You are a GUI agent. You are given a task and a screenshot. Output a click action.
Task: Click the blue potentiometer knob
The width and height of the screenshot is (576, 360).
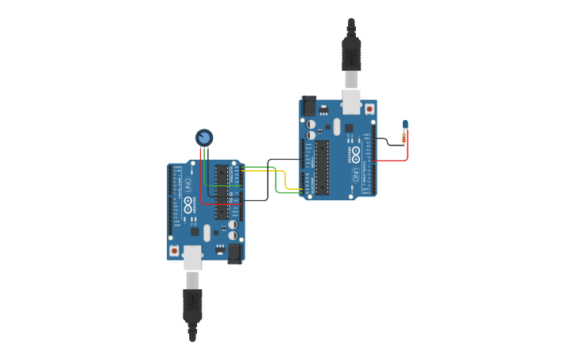pyautogui.click(x=204, y=138)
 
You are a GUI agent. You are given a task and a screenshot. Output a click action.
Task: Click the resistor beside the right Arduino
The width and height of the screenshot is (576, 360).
pyautogui.click(x=405, y=137)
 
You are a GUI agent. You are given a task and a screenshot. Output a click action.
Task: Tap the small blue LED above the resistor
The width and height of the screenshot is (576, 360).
pyautogui.click(x=405, y=124)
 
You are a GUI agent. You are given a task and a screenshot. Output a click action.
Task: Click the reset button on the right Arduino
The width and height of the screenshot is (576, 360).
pyautogui.click(x=369, y=108)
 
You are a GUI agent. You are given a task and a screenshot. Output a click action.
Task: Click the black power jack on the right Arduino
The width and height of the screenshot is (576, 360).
pyautogui.click(x=308, y=105)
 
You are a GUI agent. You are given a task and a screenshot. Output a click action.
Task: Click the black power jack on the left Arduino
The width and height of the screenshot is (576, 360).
pyautogui.click(x=235, y=254)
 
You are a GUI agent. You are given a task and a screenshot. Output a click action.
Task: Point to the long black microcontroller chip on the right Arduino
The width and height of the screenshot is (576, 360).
pyautogui.click(x=322, y=167)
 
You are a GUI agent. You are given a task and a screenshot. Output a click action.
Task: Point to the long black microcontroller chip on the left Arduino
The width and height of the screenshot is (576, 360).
pyautogui.click(x=221, y=192)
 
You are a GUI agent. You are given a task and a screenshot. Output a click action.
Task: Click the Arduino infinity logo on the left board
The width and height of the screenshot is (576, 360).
pyautogui.click(x=188, y=204)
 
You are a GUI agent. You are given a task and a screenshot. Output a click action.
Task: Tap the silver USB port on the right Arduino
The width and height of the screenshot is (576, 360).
pyautogui.click(x=351, y=102)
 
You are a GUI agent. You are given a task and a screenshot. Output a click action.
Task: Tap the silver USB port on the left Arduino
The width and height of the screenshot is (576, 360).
pyautogui.click(x=192, y=257)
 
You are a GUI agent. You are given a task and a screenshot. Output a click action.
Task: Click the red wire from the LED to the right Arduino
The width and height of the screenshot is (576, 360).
pyautogui.click(x=394, y=161)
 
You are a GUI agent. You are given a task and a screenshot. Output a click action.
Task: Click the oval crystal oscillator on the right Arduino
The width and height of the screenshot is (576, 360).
pyautogui.click(x=337, y=126)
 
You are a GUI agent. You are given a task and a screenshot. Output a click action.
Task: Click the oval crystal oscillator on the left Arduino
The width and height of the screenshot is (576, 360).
pyautogui.click(x=207, y=233)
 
